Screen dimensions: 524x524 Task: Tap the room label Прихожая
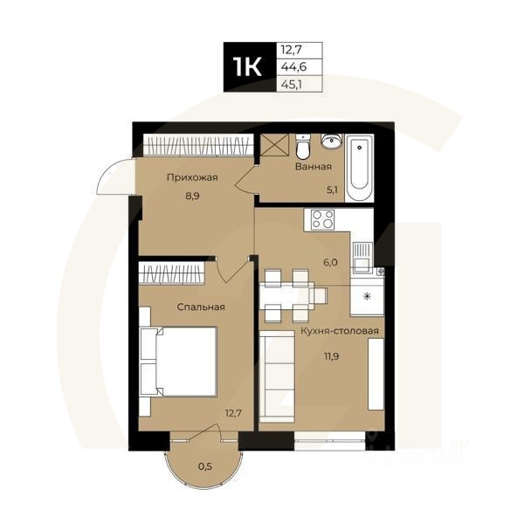click(x=192, y=178)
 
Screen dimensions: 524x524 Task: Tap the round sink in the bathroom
click(x=331, y=142)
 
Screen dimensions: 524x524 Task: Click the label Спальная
click(x=201, y=307)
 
